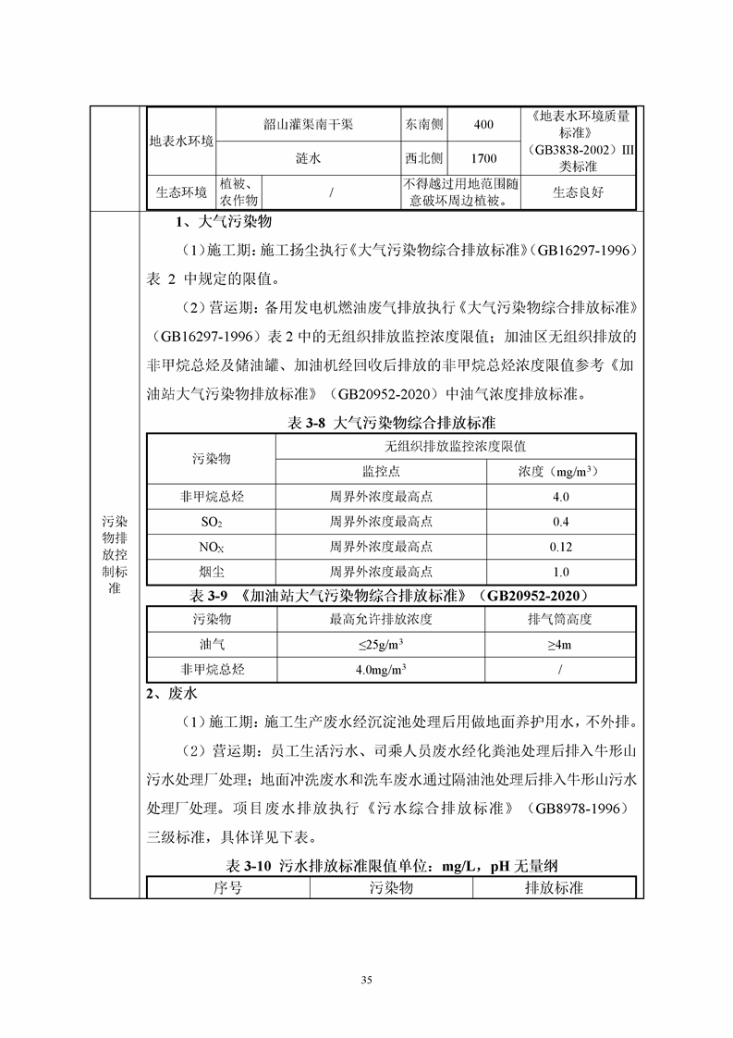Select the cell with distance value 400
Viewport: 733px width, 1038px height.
483,124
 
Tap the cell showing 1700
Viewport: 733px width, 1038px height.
483,158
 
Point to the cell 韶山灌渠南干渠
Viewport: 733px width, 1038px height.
308,124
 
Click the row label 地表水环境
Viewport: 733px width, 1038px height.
181,142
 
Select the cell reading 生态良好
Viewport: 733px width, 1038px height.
578,192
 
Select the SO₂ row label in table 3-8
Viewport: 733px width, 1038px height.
212,522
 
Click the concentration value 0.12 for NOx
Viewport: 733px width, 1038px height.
560,547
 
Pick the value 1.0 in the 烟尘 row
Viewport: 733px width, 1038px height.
560,572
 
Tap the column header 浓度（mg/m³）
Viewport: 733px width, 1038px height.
560,472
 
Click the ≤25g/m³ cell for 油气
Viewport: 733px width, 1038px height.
380,644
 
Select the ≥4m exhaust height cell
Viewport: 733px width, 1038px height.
560,644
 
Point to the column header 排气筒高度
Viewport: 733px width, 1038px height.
560,619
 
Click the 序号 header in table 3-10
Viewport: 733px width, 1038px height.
227,888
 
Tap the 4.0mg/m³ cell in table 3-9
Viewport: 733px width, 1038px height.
380,669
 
